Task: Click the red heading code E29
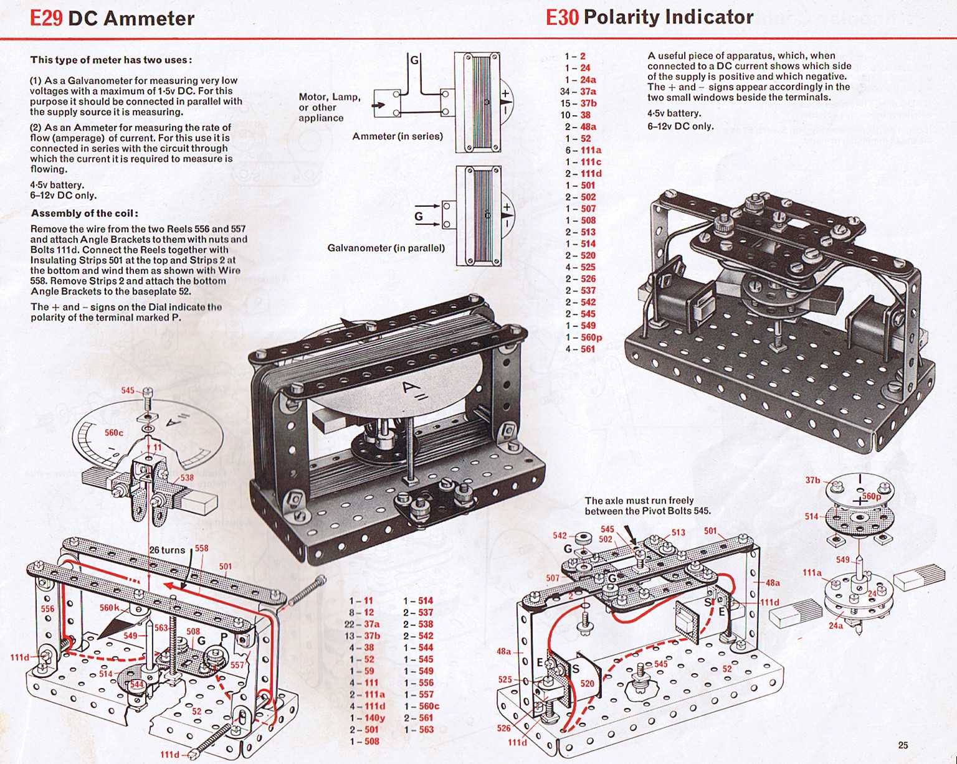coord(46,18)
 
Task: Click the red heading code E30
coord(562,17)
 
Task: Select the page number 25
coord(903,745)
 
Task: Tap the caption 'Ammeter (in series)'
coord(398,136)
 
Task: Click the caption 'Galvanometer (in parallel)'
coord(386,248)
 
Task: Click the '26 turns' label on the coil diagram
coord(167,550)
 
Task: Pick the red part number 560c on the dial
coord(114,433)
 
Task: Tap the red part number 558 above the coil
coord(202,548)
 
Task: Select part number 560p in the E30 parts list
coord(591,337)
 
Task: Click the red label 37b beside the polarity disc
coord(812,480)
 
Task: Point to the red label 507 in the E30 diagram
coord(553,578)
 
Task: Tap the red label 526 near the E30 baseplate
coord(503,728)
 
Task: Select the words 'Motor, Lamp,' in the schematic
coord(330,97)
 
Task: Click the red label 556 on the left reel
coord(47,608)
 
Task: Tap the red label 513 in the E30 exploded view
coord(678,532)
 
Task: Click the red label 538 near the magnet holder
coord(186,478)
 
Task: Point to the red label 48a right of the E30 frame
coord(773,583)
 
